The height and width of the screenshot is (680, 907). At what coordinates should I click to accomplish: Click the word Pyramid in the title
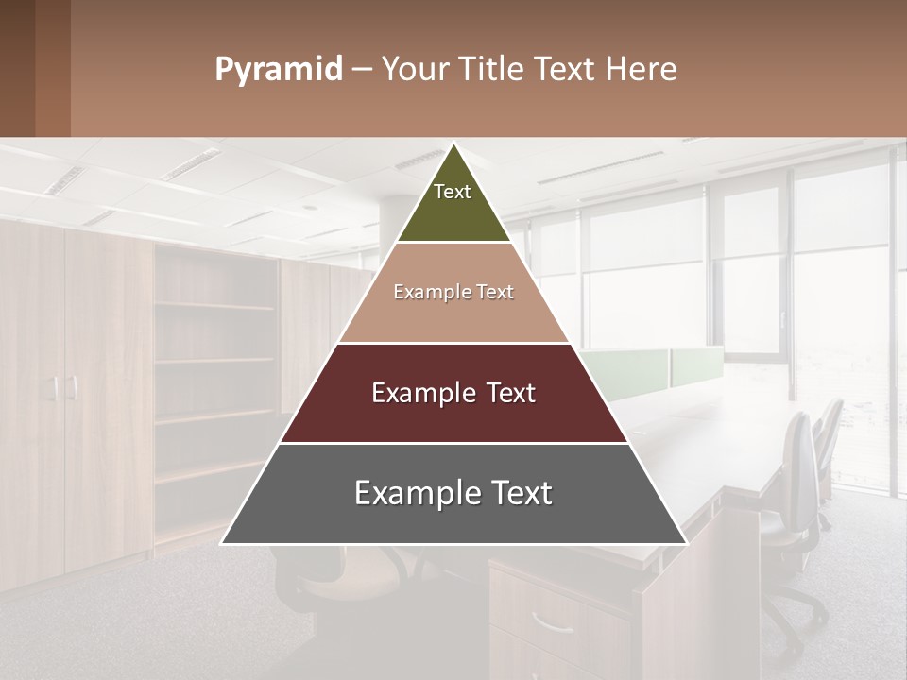(x=279, y=70)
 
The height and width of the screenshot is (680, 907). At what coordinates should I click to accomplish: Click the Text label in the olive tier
(x=453, y=192)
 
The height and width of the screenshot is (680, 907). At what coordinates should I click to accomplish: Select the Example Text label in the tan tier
(x=453, y=292)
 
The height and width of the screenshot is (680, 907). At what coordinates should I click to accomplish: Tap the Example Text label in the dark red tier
(x=453, y=393)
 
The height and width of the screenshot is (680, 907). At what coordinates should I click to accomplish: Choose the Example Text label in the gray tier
(x=453, y=493)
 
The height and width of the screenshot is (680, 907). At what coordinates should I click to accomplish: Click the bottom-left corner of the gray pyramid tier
(x=222, y=543)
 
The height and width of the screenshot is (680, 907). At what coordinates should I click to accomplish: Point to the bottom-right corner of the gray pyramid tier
(x=686, y=543)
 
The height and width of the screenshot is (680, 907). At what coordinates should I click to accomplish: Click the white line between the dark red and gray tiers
(x=453, y=443)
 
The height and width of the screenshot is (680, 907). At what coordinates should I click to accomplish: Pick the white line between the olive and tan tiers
(x=453, y=243)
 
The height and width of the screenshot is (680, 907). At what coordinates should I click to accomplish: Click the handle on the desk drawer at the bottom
(x=551, y=622)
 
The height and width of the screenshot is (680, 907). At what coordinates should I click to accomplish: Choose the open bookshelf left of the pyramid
(x=215, y=378)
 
